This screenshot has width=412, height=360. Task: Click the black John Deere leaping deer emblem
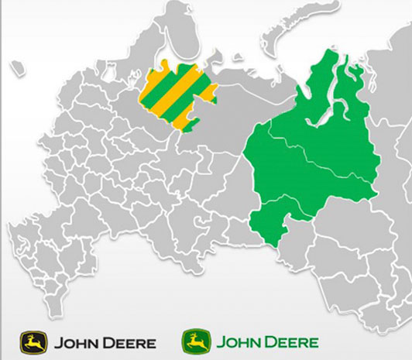tap(33, 341)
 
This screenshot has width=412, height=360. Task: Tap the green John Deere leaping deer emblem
tap(196, 341)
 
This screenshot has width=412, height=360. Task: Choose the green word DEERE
tap(294, 341)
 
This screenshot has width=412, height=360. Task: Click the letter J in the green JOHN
tap(220, 341)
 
